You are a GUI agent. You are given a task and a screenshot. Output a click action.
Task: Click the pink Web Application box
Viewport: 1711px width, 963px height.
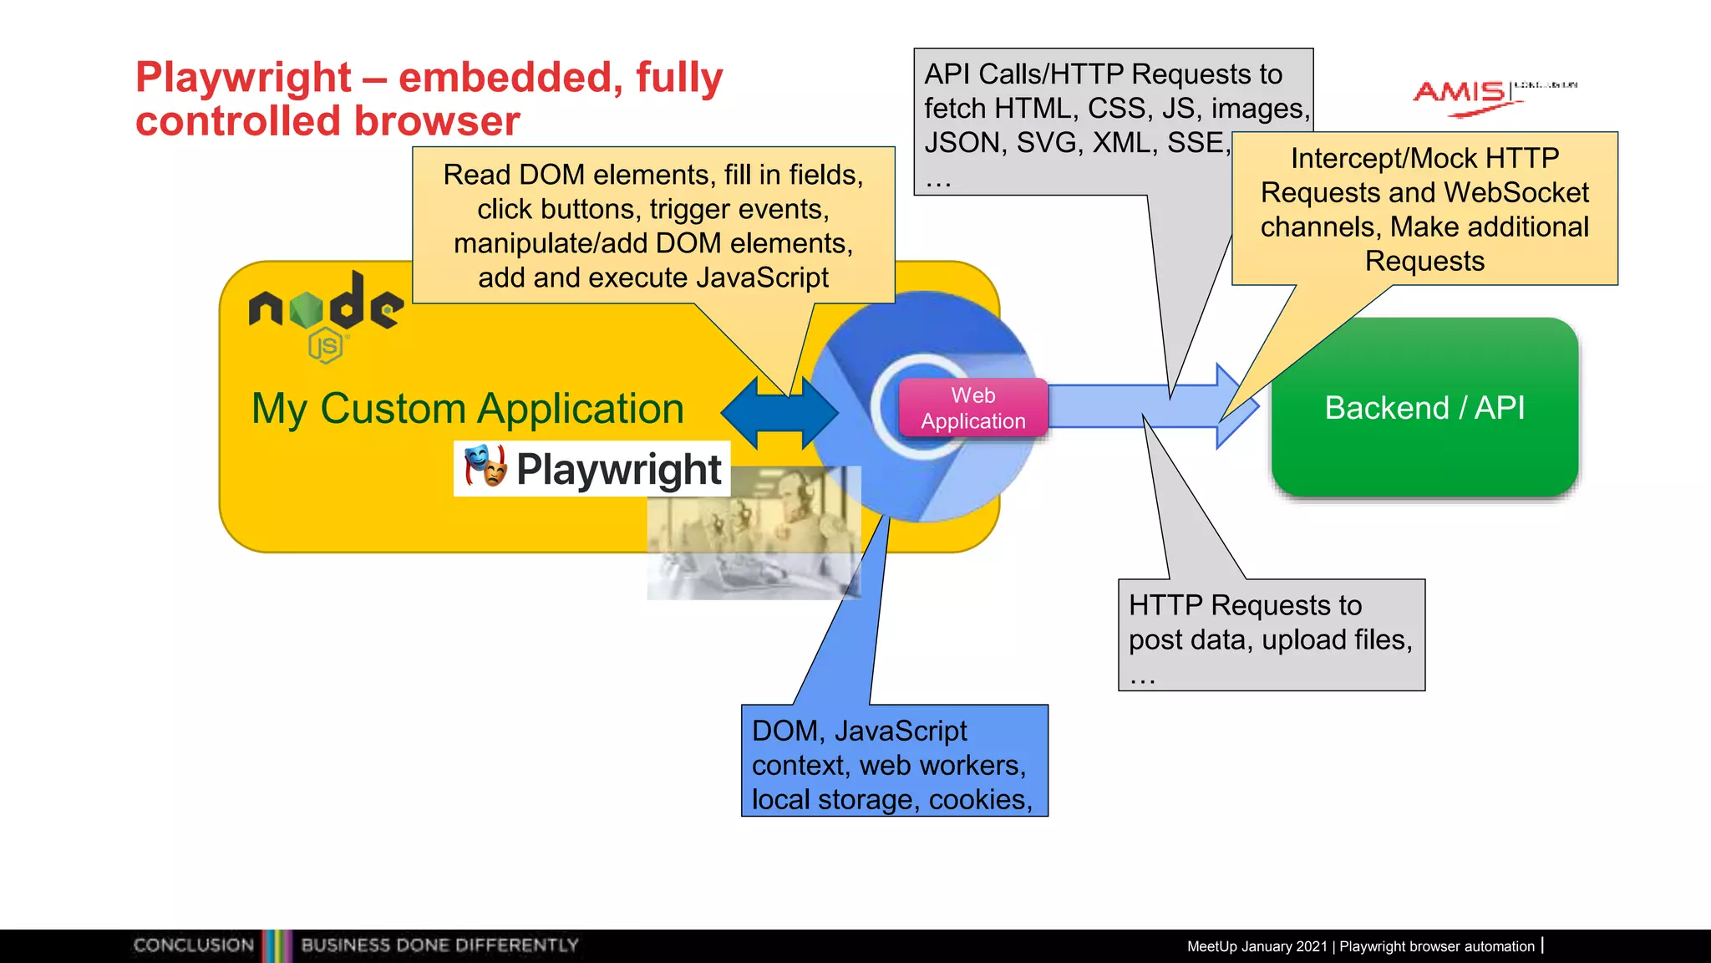(x=972, y=408)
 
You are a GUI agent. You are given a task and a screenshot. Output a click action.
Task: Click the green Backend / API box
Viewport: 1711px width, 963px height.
(x=1424, y=408)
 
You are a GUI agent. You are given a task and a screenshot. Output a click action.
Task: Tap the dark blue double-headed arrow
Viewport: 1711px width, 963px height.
(x=779, y=412)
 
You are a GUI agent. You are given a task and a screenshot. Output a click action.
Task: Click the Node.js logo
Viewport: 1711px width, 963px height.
(x=327, y=313)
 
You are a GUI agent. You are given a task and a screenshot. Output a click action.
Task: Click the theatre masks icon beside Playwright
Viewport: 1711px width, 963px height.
(x=485, y=466)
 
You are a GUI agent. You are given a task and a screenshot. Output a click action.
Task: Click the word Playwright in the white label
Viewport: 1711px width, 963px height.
(x=618, y=469)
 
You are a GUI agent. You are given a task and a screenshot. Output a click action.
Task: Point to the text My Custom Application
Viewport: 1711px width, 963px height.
(x=468, y=409)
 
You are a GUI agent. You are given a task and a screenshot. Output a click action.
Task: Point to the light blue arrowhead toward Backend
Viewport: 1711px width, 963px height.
(x=1236, y=406)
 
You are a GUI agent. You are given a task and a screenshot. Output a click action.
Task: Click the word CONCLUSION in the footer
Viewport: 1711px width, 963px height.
(x=193, y=945)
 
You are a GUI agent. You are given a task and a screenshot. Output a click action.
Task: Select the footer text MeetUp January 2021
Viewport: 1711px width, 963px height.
(x=1257, y=946)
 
